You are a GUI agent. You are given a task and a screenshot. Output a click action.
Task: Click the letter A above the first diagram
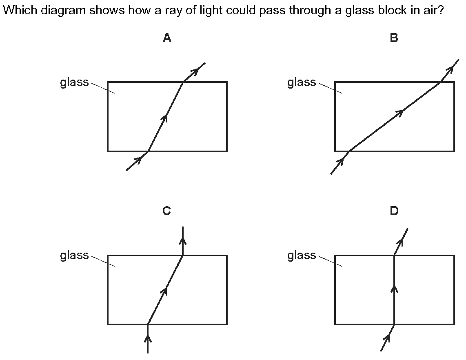tap(167, 38)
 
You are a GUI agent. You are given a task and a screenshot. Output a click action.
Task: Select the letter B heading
tap(394, 38)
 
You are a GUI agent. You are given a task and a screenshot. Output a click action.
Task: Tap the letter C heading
tap(166, 211)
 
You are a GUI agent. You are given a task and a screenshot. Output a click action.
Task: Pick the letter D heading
tap(394, 211)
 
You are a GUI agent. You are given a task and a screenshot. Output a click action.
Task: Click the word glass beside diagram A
tap(74, 82)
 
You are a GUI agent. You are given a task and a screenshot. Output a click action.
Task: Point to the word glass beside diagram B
tap(302, 82)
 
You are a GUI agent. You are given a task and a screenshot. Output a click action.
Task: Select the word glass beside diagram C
tap(74, 256)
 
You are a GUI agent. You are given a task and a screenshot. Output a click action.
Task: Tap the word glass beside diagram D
tap(302, 256)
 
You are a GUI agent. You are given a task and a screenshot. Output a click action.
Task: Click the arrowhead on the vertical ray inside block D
tap(394, 289)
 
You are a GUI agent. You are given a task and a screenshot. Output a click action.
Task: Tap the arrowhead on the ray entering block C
tap(148, 339)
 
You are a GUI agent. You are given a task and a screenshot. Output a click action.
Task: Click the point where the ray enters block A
tap(148, 151)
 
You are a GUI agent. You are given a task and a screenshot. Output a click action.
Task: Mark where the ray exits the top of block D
tap(394, 255)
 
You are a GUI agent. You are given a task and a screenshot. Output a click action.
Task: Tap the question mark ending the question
tap(440, 10)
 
